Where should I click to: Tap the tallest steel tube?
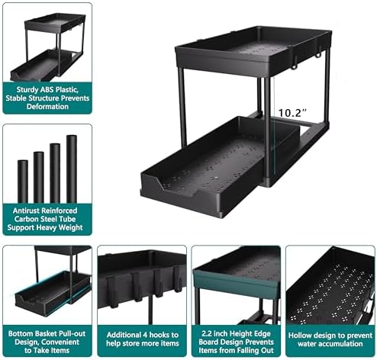click(72, 169)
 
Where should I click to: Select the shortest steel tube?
click(23, 181)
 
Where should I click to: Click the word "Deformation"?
click(47, 107)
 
